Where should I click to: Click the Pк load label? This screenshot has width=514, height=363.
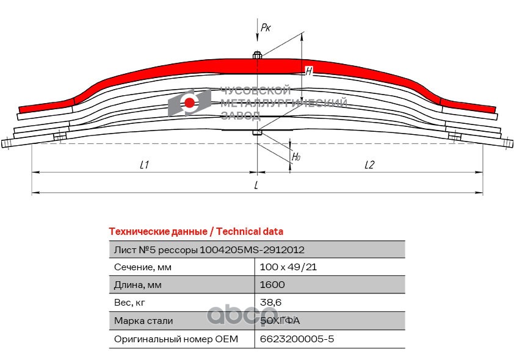pos(266,27)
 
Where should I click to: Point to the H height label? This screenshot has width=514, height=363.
pos(309,71)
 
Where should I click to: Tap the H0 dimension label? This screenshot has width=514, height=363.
pos(296,156)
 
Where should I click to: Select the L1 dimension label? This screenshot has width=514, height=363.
pos(145,165)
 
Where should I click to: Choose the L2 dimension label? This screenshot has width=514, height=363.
pos(369,165)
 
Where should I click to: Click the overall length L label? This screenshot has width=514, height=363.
pos(257,185)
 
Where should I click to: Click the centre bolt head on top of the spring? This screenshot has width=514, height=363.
pos(258,56)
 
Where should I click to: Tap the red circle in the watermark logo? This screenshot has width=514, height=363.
pos(190,102)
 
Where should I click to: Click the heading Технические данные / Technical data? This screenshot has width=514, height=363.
pos(195,231)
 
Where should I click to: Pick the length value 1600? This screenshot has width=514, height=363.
pos(272,284)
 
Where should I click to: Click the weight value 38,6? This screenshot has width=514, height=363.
pos(270,302)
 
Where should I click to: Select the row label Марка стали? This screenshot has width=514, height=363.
pos(143,320)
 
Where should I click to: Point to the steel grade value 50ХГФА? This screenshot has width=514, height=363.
pos(280,320)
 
